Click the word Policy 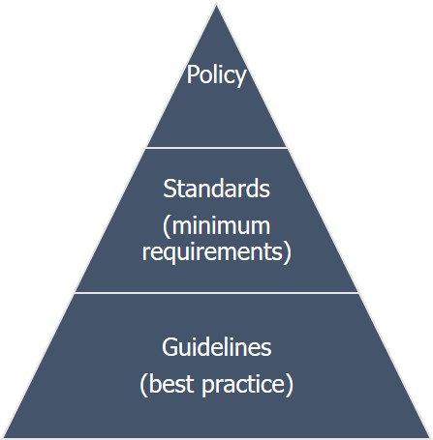click(x=216, y=75)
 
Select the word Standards click(x=216, y=189)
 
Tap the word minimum click(x=221, y=225)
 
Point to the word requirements click(x=212, y=252)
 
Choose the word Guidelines click(x=217, y=347)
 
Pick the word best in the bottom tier click(x=171, y=384)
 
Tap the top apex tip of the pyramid click(x=217, y=4)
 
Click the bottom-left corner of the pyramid click(x=3, y=437)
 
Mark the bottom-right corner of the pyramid click(x=430, y=437)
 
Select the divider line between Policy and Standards click(x=217, y=148)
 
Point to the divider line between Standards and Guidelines click(x=217, y=293)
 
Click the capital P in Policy click(x=193, y=73)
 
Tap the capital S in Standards click(x=170, y=189)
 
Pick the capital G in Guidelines click(x=170, y=347)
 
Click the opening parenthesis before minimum click(x=167, y=227)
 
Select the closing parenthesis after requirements click(x=288, y=253)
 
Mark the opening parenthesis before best click(x=143, y=385)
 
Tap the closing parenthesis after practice click(x=290, y=385)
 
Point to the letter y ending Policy click(x=240, y=78)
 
